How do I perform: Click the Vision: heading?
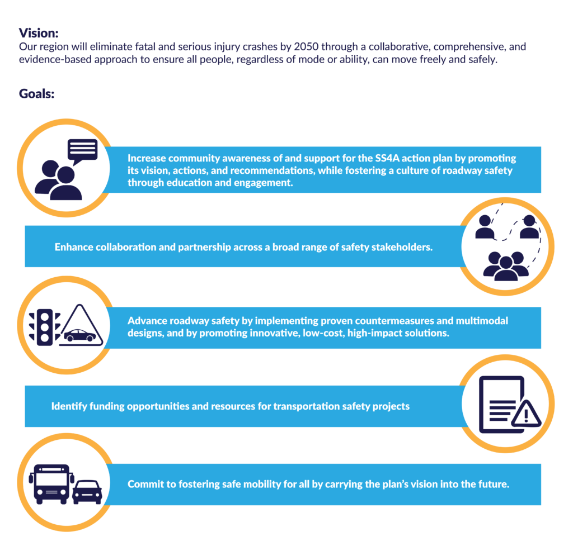[x=39, y=33]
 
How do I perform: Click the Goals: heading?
[x=36, y=94]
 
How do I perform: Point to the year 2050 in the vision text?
[x=306, y=47]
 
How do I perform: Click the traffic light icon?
[x=45, y=327]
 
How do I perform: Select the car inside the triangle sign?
[x=80, y=335]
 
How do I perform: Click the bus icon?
[x=51, y=484]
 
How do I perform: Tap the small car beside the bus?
[x=87, y=492]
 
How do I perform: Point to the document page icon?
[x=501, y=405]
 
